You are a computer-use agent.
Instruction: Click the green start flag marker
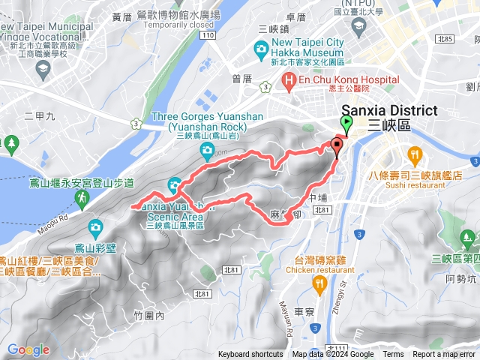(x=347, y=124)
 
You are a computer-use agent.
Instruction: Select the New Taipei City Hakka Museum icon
(x=261, y=49)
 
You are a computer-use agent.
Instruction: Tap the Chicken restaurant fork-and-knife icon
(x=319, y=282)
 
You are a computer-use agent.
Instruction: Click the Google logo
(x=28, y=349)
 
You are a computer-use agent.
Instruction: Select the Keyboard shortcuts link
(x=250, y=355)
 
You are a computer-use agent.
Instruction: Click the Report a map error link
(x=444, y=355)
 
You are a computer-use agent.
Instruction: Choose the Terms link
(x=393, y=355)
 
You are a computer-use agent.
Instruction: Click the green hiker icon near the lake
(x=80, y=197)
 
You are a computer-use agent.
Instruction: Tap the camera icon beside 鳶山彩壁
(x=95, y=226)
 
